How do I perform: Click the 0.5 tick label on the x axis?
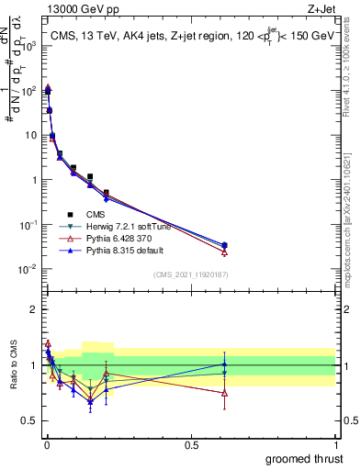191,443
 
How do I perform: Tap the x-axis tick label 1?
335,443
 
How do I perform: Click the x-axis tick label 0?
47,443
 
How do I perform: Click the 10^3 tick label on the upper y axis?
30,46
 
